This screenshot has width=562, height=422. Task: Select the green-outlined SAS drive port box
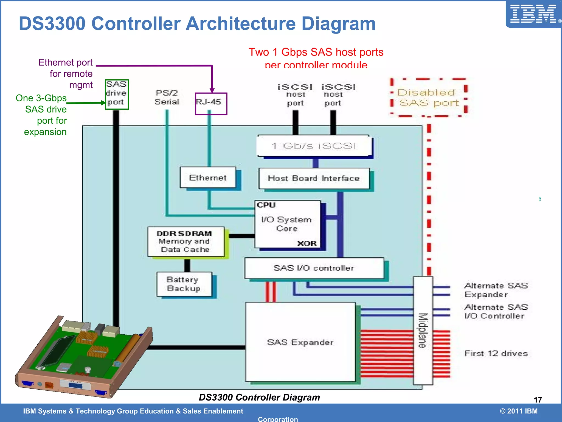[117, 94]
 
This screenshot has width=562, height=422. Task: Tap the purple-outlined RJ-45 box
[211, 103]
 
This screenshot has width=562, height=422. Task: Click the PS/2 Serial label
[167, 97]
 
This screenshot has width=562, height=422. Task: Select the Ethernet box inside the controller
[208, 177]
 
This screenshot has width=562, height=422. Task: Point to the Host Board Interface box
[314, 178]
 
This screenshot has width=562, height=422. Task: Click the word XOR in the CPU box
[307, 243]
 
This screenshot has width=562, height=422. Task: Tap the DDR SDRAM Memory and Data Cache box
[186, 241]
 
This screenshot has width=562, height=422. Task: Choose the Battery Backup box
[184, 284]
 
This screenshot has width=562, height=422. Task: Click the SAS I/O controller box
[314, 268]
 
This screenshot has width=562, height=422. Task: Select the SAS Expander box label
[300, 342]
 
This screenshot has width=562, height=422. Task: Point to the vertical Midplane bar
[423, 331]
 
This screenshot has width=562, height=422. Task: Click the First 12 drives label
[496, 353]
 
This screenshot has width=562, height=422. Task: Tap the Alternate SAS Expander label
[496, 290]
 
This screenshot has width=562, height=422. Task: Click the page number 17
[538, 400]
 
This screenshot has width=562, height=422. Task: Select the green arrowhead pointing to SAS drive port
[103, 103]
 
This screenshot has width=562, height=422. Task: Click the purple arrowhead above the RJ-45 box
[212, 90]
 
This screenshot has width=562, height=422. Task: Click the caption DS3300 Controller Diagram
[259, 397]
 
